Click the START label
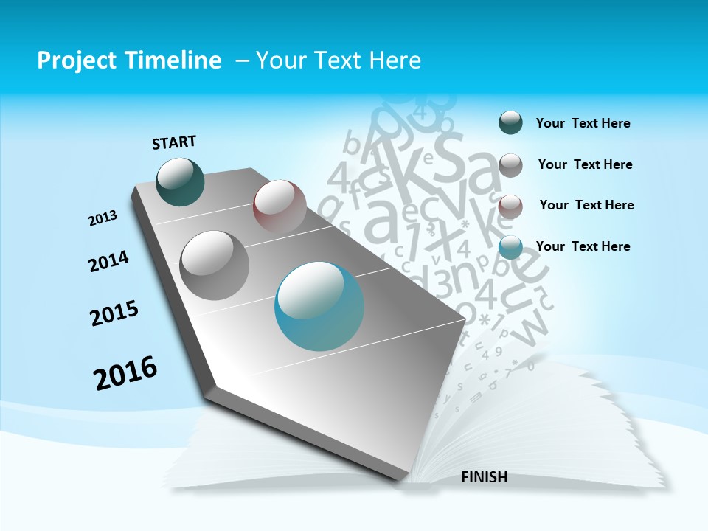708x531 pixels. [174, 142]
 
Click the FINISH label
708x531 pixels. [484, 477]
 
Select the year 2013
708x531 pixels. [103, 218]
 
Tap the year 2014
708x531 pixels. [109, 261]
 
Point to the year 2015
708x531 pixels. [114, 313]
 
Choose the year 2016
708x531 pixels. [125, 372]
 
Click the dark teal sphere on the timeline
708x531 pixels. [181, 182]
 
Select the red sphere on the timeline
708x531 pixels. [280, 206]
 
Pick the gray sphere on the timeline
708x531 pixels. [215, 265]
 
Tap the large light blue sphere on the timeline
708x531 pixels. [319, 306]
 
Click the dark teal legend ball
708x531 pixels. [510, 123]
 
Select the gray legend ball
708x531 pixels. [510, 165]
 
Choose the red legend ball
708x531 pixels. [510, 206]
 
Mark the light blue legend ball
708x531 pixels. [510, 248]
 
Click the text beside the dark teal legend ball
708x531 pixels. [583, 123]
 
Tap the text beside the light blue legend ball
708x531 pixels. [583, 246]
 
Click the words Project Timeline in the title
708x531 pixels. [129, 60]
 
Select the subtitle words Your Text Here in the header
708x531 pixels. [339, 60]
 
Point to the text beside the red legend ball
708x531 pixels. [586, 205]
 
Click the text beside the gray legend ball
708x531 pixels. [585, 164]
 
